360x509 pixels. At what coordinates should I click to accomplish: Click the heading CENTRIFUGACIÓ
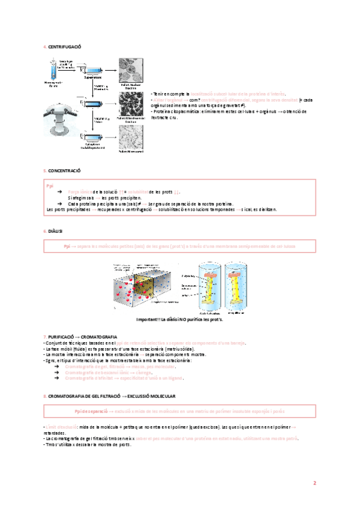[65, 47]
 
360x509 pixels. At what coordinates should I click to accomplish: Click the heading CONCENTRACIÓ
[64, 171]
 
